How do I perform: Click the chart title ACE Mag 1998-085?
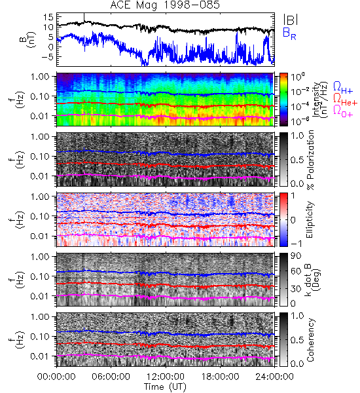coord(165,5)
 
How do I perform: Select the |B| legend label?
coord(291,20)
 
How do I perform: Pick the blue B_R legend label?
coord(289,34)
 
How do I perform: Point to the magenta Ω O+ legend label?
coord(343,111)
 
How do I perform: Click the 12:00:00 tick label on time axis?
coord(166,377)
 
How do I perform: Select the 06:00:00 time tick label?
coord(111,377)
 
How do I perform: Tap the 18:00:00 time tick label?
coord(220,377)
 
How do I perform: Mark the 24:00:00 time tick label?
coord(274,377)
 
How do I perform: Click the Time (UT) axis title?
coord(165,386)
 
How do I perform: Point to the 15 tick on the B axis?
coord(48,17)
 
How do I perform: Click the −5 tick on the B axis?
coord(46,57)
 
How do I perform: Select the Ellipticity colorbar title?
coord(310,219)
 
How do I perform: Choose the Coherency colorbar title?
coord(310,340)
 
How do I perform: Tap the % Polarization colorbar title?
coord(310,160)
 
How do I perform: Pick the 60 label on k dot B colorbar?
coord(296,271)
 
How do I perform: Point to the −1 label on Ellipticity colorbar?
coord(296,244)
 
